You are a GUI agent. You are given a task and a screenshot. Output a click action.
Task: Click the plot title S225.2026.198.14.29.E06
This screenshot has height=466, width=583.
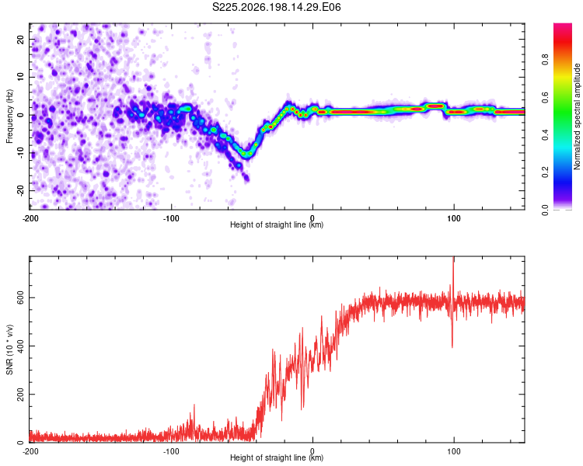(x=276, y=7)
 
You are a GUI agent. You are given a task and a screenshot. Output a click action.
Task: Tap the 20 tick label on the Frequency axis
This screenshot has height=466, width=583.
(x=20, y=39)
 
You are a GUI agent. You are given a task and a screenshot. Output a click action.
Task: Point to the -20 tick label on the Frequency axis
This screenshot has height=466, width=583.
(x=20, y=190)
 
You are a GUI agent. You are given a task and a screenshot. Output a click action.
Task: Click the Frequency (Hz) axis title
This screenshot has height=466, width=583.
(x=9, y=116)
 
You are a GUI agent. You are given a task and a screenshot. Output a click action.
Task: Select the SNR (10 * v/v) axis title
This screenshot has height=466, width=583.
(x=9, y=349)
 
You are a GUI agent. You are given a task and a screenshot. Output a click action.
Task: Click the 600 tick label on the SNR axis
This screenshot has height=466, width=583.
(x=20, y=297)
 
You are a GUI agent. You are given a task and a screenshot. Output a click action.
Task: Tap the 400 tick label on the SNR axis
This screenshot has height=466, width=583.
(x=20, y=346)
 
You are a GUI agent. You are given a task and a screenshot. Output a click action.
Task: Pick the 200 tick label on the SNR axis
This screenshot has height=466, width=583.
(x=20, y=395)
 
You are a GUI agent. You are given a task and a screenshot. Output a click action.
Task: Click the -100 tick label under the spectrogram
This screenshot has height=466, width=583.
(x=171, y=218)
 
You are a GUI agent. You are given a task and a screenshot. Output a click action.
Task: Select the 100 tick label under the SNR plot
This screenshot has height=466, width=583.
(x=454, y=451)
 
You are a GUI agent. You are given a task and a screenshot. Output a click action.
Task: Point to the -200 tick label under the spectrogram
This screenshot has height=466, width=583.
(x=30, y=218)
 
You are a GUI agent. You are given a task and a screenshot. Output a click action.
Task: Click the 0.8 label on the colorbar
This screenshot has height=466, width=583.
(x=545, y=60)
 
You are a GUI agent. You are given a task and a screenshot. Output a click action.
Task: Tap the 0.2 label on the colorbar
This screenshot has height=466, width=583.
(x=545, y=172)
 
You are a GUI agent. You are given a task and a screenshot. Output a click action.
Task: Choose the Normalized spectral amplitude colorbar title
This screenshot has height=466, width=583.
(x=577, y=116)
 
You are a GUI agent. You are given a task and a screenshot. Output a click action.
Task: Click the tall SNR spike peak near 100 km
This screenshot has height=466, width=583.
(x=453, y=258)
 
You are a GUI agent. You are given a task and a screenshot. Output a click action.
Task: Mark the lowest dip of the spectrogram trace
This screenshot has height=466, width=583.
(x=246, y=156)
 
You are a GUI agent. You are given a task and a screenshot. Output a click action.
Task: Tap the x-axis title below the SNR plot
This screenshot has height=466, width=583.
(x=277, y=457)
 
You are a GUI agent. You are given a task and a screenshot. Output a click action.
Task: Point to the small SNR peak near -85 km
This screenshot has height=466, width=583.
(x=194, y=405)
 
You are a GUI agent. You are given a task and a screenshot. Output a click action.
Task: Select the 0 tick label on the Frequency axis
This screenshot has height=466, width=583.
(x=20, y=115)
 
